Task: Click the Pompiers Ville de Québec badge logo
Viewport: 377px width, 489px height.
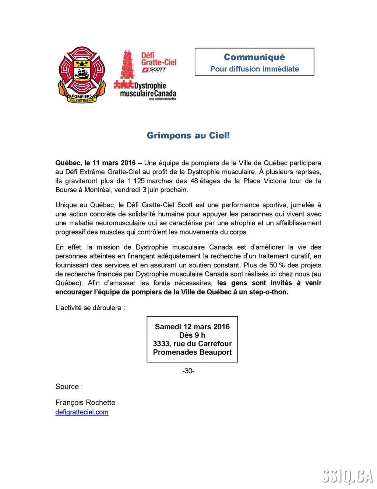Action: pos(81,75)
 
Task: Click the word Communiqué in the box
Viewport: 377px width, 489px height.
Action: pos(254,57)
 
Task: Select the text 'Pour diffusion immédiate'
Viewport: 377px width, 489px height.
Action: pos(254,69)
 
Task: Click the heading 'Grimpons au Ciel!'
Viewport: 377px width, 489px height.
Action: pos(188,135)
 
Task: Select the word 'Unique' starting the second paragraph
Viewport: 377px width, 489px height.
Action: pos(66,205)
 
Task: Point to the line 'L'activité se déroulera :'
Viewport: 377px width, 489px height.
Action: pos(90,308)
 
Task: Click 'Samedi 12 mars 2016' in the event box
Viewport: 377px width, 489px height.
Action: pos(192,327)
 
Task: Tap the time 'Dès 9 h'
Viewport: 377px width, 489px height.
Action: pos(192,335)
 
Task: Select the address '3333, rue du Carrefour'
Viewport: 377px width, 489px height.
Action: pos(192,344)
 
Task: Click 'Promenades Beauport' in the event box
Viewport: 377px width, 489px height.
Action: pos(192,352)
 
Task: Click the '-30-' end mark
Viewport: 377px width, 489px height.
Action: pos(188,371)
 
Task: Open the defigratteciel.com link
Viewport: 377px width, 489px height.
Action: pos(82,412)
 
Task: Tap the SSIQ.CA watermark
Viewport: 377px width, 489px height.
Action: pos(347,476)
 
